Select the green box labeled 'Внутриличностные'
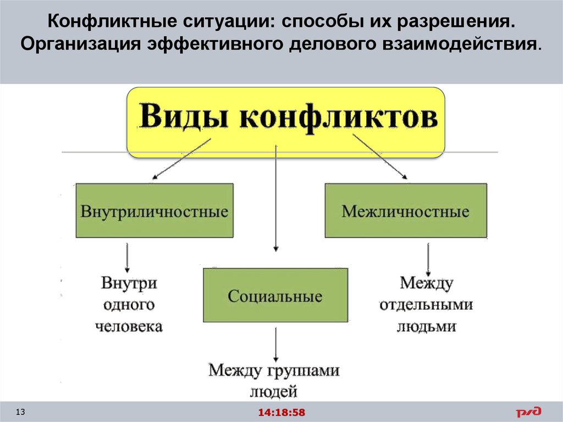click(154, 211)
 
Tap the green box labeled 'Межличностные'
click(406, 211)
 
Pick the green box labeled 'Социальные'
click(275, 295)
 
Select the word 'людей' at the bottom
click(273, 392)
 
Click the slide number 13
click(21, 412)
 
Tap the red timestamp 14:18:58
click(281, 412)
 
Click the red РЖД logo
click(528, 412)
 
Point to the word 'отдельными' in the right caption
click(426, 304)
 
